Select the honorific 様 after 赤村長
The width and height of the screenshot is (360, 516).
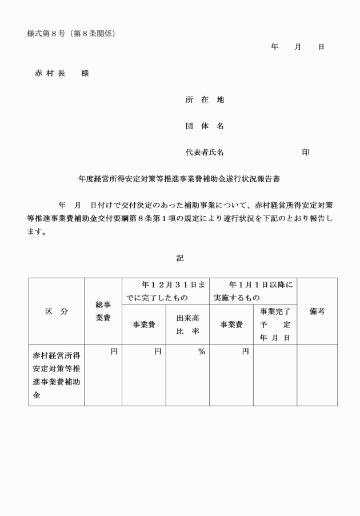click(x=85, y=73)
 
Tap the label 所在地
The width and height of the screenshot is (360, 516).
click(x=205, y=99)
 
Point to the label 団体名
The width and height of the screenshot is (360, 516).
click(x=205, y=126)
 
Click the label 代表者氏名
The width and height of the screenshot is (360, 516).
click(x=205, y=153)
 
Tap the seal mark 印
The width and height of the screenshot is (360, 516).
click(x=306, y=153)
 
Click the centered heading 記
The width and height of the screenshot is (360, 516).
click(x=180, y=258)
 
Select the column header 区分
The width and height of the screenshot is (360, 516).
click(x=57, y=311)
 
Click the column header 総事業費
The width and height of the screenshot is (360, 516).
click(x=103, y=311)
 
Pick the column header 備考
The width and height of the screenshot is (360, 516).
click(x=317, y=311)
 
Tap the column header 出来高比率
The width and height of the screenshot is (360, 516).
click(x=187, y=325)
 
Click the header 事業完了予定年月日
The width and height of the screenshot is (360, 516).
click(x=275, y=325)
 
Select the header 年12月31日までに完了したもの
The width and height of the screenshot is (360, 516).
click(x=165, y=291)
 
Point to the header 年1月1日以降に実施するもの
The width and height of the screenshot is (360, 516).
click(x=253, y=291)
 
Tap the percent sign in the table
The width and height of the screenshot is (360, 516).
click(x=201, y=352)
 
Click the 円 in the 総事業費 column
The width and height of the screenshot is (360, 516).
click(x=114, y=352)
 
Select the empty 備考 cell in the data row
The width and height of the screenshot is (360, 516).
click(x=317, y=375)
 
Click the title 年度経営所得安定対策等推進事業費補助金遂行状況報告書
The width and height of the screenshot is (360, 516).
click(x=179, y=179)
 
